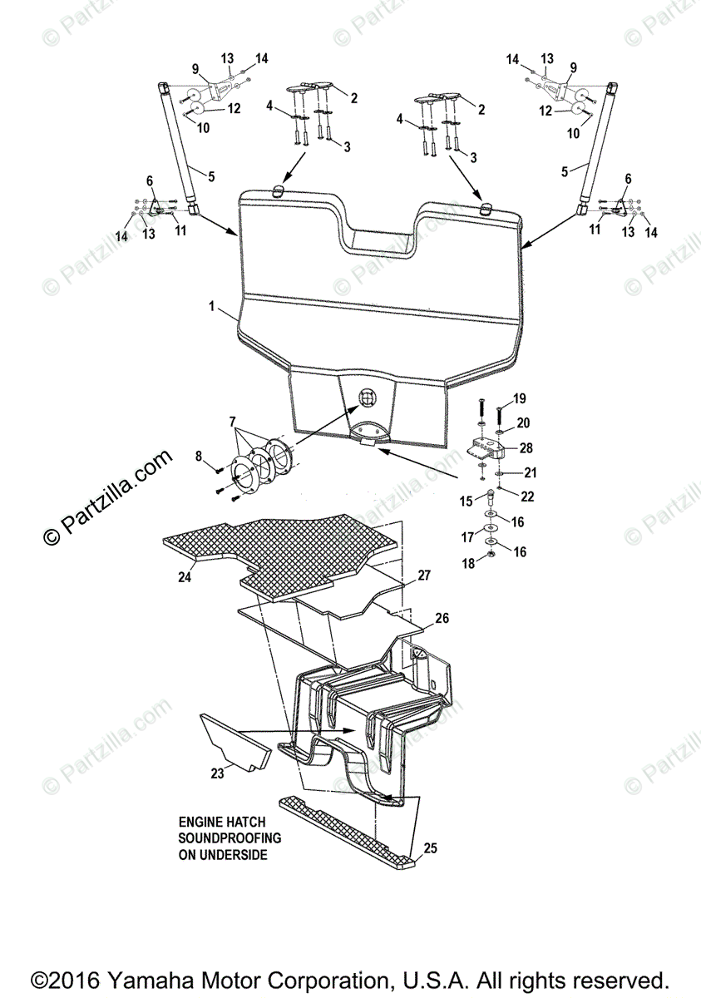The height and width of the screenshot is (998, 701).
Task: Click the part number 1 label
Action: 213,307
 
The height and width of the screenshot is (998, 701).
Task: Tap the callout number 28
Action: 526,448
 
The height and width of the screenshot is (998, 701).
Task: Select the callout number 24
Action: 185,576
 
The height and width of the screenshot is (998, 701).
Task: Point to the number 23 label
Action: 217,773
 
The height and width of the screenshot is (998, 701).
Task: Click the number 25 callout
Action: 429,848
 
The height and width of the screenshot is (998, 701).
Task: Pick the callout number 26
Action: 442,618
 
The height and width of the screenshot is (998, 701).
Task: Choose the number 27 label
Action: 424,576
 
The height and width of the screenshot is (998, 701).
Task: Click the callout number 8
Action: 199,455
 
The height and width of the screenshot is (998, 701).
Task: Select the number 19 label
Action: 520,398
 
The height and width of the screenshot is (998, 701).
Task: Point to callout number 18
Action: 468,563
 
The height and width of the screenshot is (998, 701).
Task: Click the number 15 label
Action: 467,501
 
